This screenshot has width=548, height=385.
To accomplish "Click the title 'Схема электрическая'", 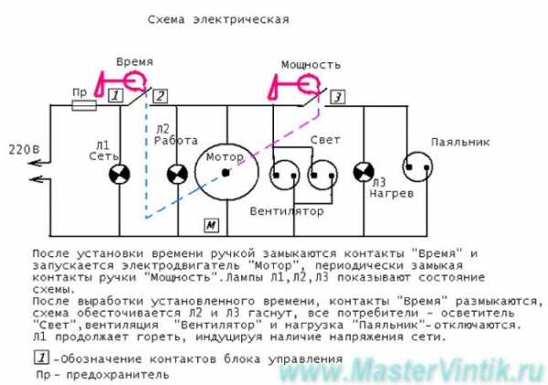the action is tap(218, 19).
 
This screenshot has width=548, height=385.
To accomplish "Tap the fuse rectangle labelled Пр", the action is tap(84, 105).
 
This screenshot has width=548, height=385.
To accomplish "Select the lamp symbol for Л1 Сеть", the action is tap(120, 174).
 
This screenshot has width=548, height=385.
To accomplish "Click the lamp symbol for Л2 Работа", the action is tap(177, 174).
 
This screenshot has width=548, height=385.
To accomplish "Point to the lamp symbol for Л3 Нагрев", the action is tap(364, 172).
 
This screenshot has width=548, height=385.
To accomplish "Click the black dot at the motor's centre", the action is tap(227, 172).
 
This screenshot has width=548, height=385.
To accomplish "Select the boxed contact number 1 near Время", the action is tap(115, 95).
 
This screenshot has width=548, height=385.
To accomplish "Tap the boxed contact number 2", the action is tap(161, 96).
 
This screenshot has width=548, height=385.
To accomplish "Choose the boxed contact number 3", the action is tap(338, 97).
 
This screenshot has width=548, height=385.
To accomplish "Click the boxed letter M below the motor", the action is tap(211, 225).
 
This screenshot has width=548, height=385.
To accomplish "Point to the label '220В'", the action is tap(24, 150).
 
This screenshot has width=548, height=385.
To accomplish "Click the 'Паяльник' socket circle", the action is tap(417, 167).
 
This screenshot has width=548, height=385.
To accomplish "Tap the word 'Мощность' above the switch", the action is tap(311, 65).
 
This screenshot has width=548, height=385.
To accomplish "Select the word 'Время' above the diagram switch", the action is tap(134, 62).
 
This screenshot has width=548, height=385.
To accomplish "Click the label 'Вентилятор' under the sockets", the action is tap(287, 211).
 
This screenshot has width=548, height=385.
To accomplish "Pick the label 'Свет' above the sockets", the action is tap(325, 140).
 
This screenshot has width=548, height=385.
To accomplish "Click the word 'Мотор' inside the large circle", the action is tap(225, 157).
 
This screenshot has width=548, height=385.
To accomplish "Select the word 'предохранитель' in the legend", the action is tap(118, 376).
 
